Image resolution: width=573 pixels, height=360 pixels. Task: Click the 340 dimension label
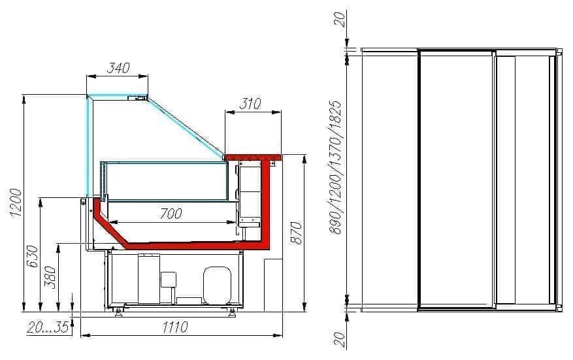click(x=118, y=67)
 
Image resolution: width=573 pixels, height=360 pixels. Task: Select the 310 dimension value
click(x=250, y=104)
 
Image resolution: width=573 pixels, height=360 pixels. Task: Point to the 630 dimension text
click(x=33, y=256)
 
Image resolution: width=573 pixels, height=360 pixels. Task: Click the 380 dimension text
click(x=50, y=277)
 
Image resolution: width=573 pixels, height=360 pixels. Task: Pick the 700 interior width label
click(x=171, y=214)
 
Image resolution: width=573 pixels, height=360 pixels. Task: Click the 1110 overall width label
click(x=175, y=327)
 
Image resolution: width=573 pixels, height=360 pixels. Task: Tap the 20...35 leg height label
click(x=48, y=327)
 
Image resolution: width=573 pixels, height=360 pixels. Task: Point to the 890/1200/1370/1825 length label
click(x=335, y=167)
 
